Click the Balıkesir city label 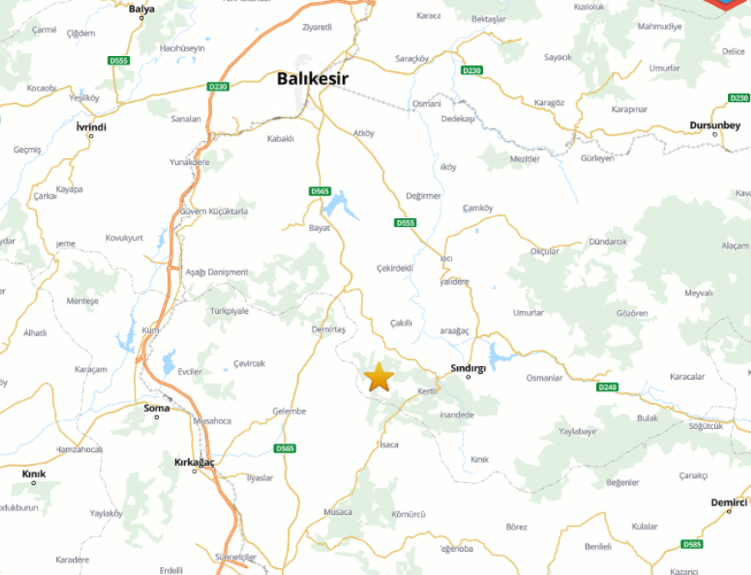(312, 79)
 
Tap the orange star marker (379, 376)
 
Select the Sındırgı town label (468, 367)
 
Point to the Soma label (156, 407)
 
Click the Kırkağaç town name (194, 462)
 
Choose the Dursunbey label (714, 125)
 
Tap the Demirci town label (729, 502)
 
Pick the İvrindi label (91, 126)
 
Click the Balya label (142, 9)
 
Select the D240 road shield (608, 388)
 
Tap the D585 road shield (692, 544)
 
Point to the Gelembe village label (289, 411)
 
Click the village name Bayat (319, 228)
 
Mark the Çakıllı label (401, 323)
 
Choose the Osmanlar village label (544, 378)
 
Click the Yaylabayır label (577, 431)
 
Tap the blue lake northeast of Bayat (341, 205)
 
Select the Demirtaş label (327, 330)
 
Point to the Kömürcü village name (408, 514)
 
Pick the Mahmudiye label (659, 27)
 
